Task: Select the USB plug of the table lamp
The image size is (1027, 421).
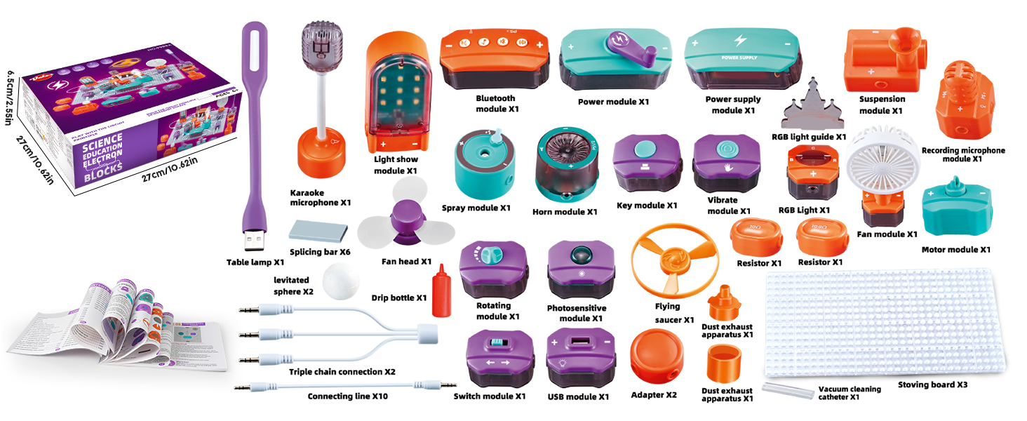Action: coord(253,241)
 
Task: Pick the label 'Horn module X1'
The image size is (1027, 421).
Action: coord(565,211)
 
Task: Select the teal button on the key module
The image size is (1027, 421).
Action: coord(644,149)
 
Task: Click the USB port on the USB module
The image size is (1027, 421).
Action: coord(580,343)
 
